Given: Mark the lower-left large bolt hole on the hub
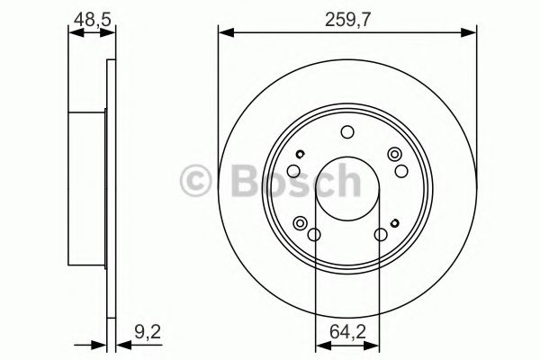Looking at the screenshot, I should [315, 236].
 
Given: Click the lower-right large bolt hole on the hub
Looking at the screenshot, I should [380, 236].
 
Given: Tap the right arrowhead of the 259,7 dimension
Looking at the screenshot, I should [472, 34].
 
